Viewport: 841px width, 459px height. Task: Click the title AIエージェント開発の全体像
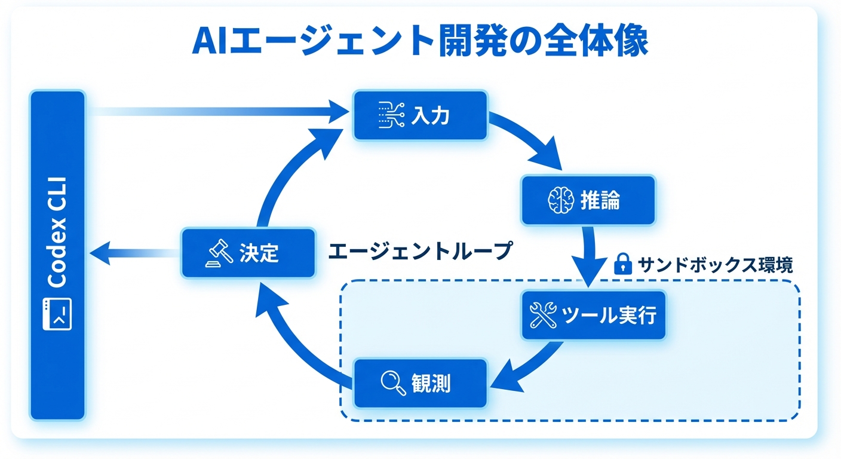420,41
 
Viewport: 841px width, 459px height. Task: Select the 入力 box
420,115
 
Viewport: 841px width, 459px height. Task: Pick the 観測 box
420,382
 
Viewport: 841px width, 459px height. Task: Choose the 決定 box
248,253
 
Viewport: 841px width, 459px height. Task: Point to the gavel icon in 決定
219,253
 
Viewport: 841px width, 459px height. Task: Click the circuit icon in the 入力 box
392,115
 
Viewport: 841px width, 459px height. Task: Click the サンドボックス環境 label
714,264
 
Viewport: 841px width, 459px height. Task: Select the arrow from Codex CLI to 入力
215,111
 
